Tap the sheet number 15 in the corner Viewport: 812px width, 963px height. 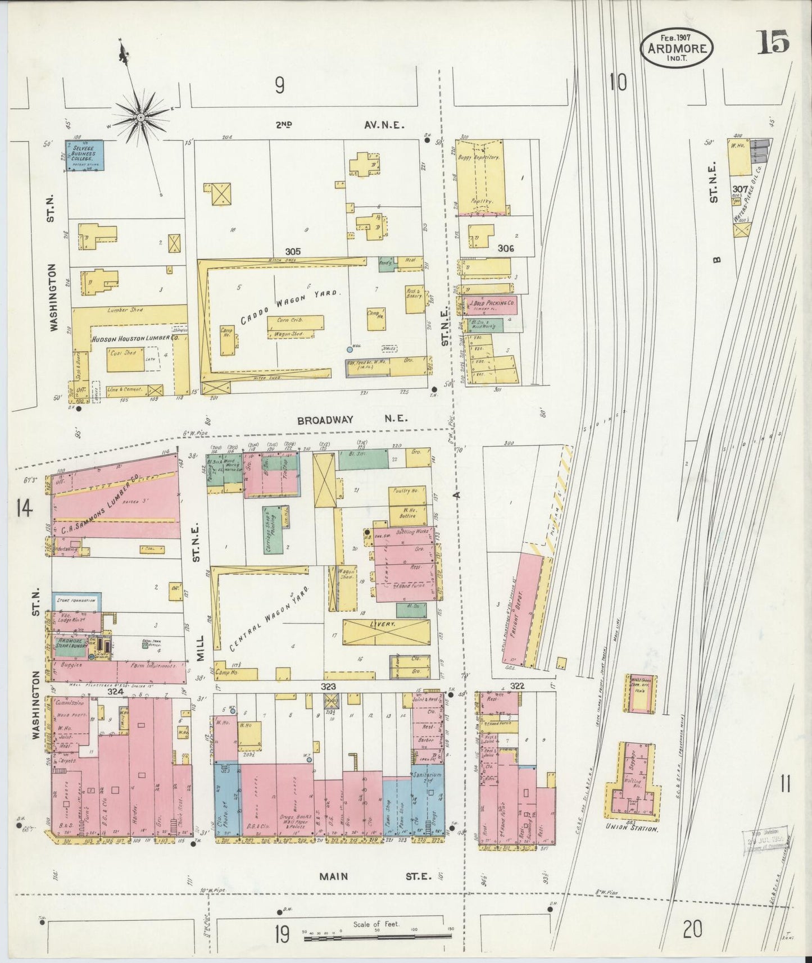[773, 42]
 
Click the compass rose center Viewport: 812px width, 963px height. [140, 117]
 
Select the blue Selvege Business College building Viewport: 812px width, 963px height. [84, 156]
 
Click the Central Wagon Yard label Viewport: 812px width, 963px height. [270, 618]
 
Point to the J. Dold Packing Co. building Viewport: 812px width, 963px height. [491, 305]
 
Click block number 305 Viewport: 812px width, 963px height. [293, 251]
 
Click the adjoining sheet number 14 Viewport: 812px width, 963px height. [24, 509]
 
